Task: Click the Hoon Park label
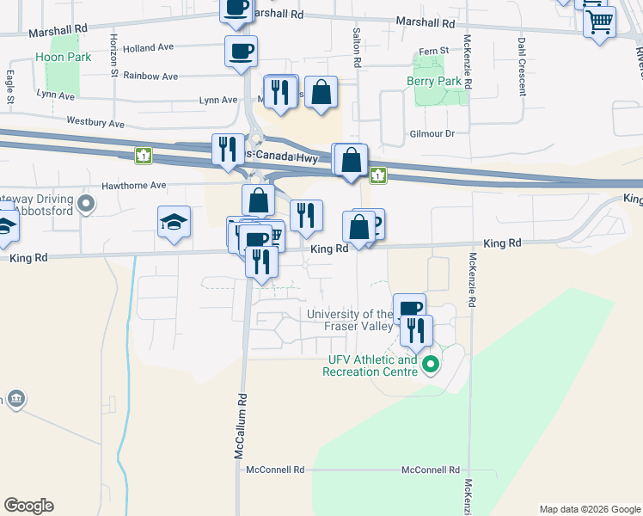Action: (57, 58)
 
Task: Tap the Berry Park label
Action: (433, 82)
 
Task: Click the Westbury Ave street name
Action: (95, 123)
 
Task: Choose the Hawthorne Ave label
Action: (133, 185)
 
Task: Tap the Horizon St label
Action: (113, 54)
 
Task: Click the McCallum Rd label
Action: (242, 427)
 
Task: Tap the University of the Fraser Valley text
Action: (350, 320)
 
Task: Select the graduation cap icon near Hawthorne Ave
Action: (174, 222)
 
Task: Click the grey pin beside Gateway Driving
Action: (85, 204)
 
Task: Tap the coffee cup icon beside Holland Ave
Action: (240, 50)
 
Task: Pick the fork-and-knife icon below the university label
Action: (417, 330)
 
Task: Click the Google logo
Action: (28, 506)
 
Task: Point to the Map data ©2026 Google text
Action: (589, 509)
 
